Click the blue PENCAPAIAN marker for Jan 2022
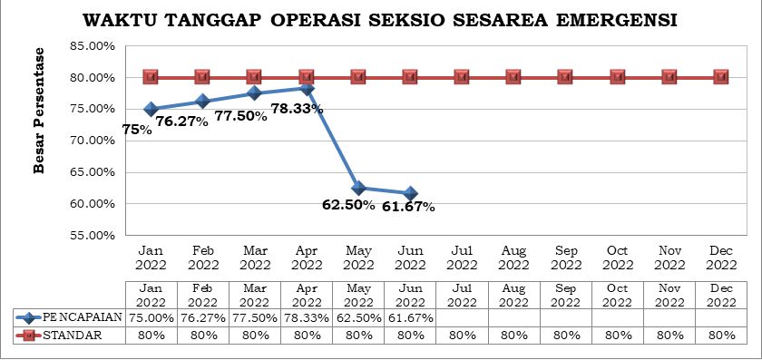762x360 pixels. pos(151,110)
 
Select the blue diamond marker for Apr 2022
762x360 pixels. pos(307,89)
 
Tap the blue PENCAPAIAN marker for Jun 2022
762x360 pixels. pos(410,193)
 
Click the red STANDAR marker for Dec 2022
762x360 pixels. pos(721,77)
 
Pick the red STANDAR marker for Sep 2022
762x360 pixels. pos(565,77)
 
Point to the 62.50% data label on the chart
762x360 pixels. pos(348,204)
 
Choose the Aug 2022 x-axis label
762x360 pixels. pos(513,258)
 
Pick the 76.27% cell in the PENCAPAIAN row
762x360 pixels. pos(202,318)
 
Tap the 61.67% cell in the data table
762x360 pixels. pos(410,318)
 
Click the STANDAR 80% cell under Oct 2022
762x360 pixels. pos(618,336)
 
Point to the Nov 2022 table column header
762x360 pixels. pos(669,295)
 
